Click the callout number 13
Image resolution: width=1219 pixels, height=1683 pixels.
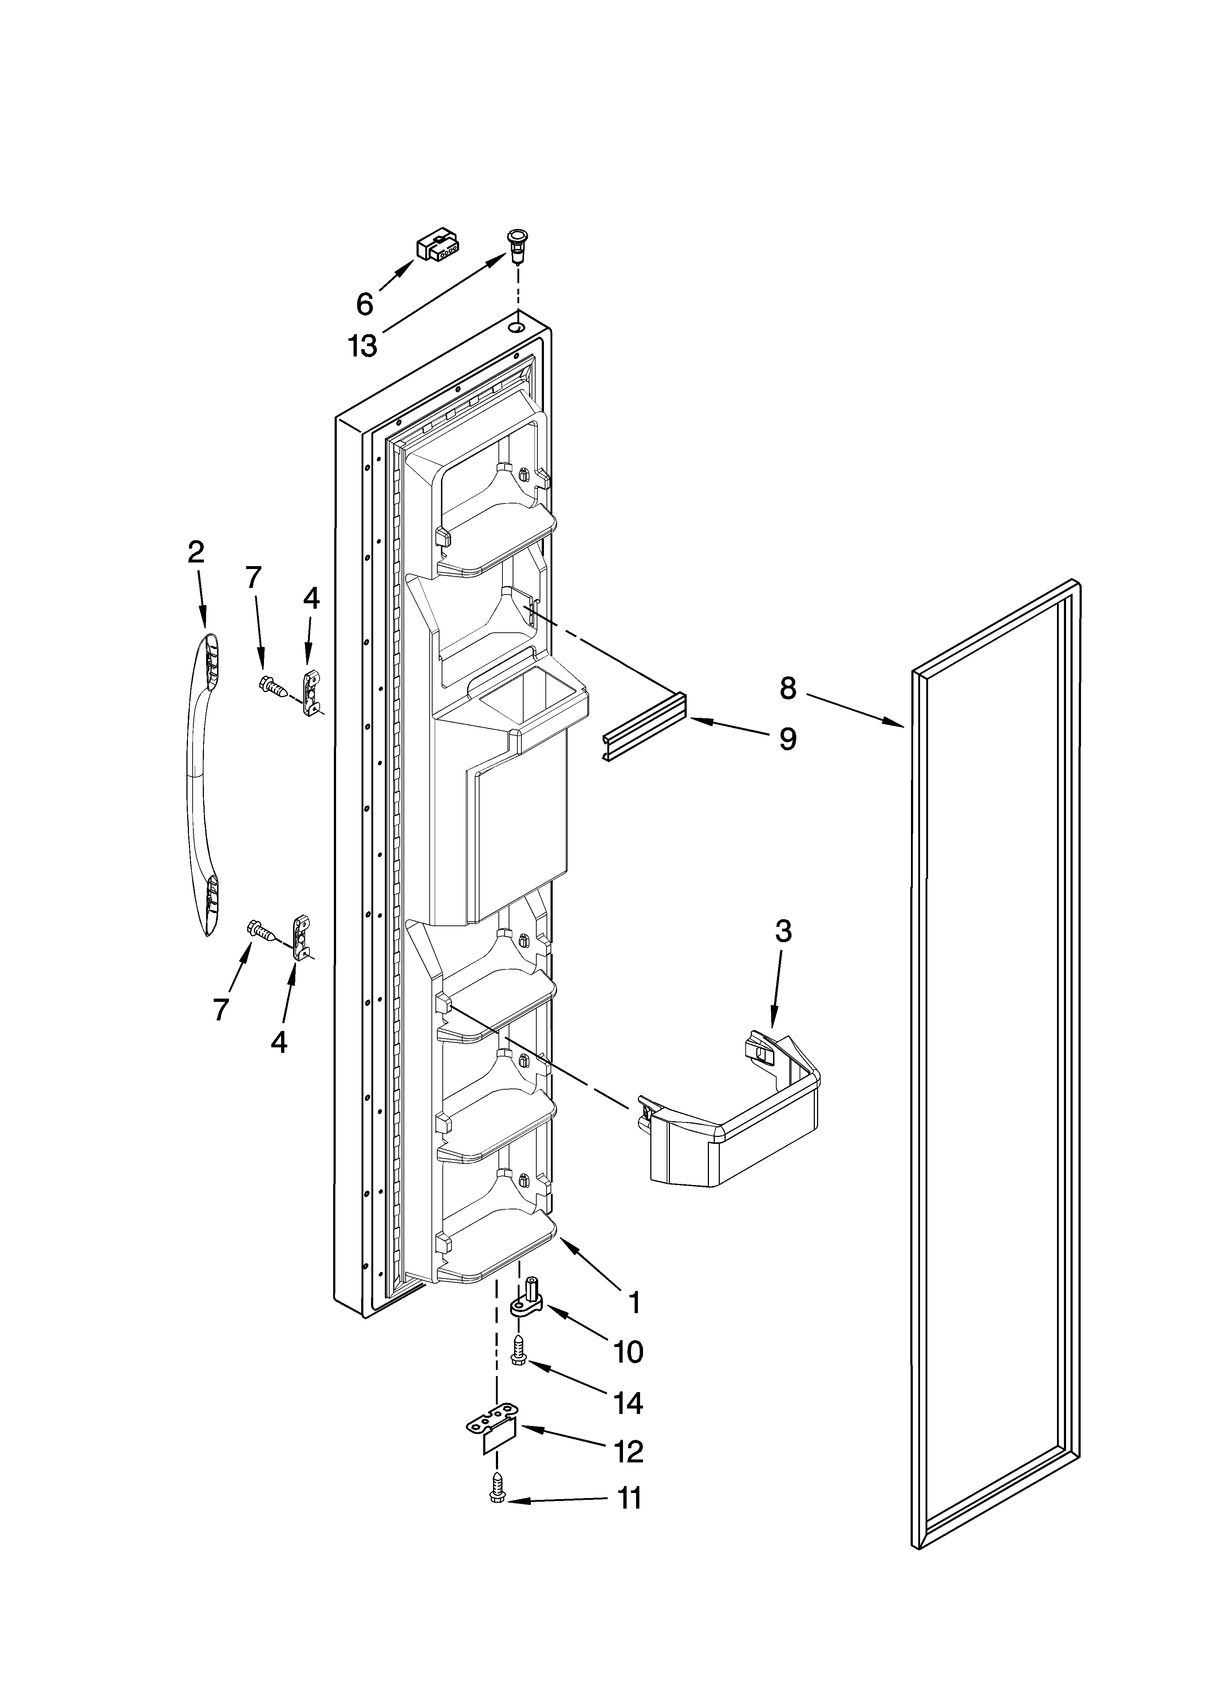(x=363, y=346)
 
